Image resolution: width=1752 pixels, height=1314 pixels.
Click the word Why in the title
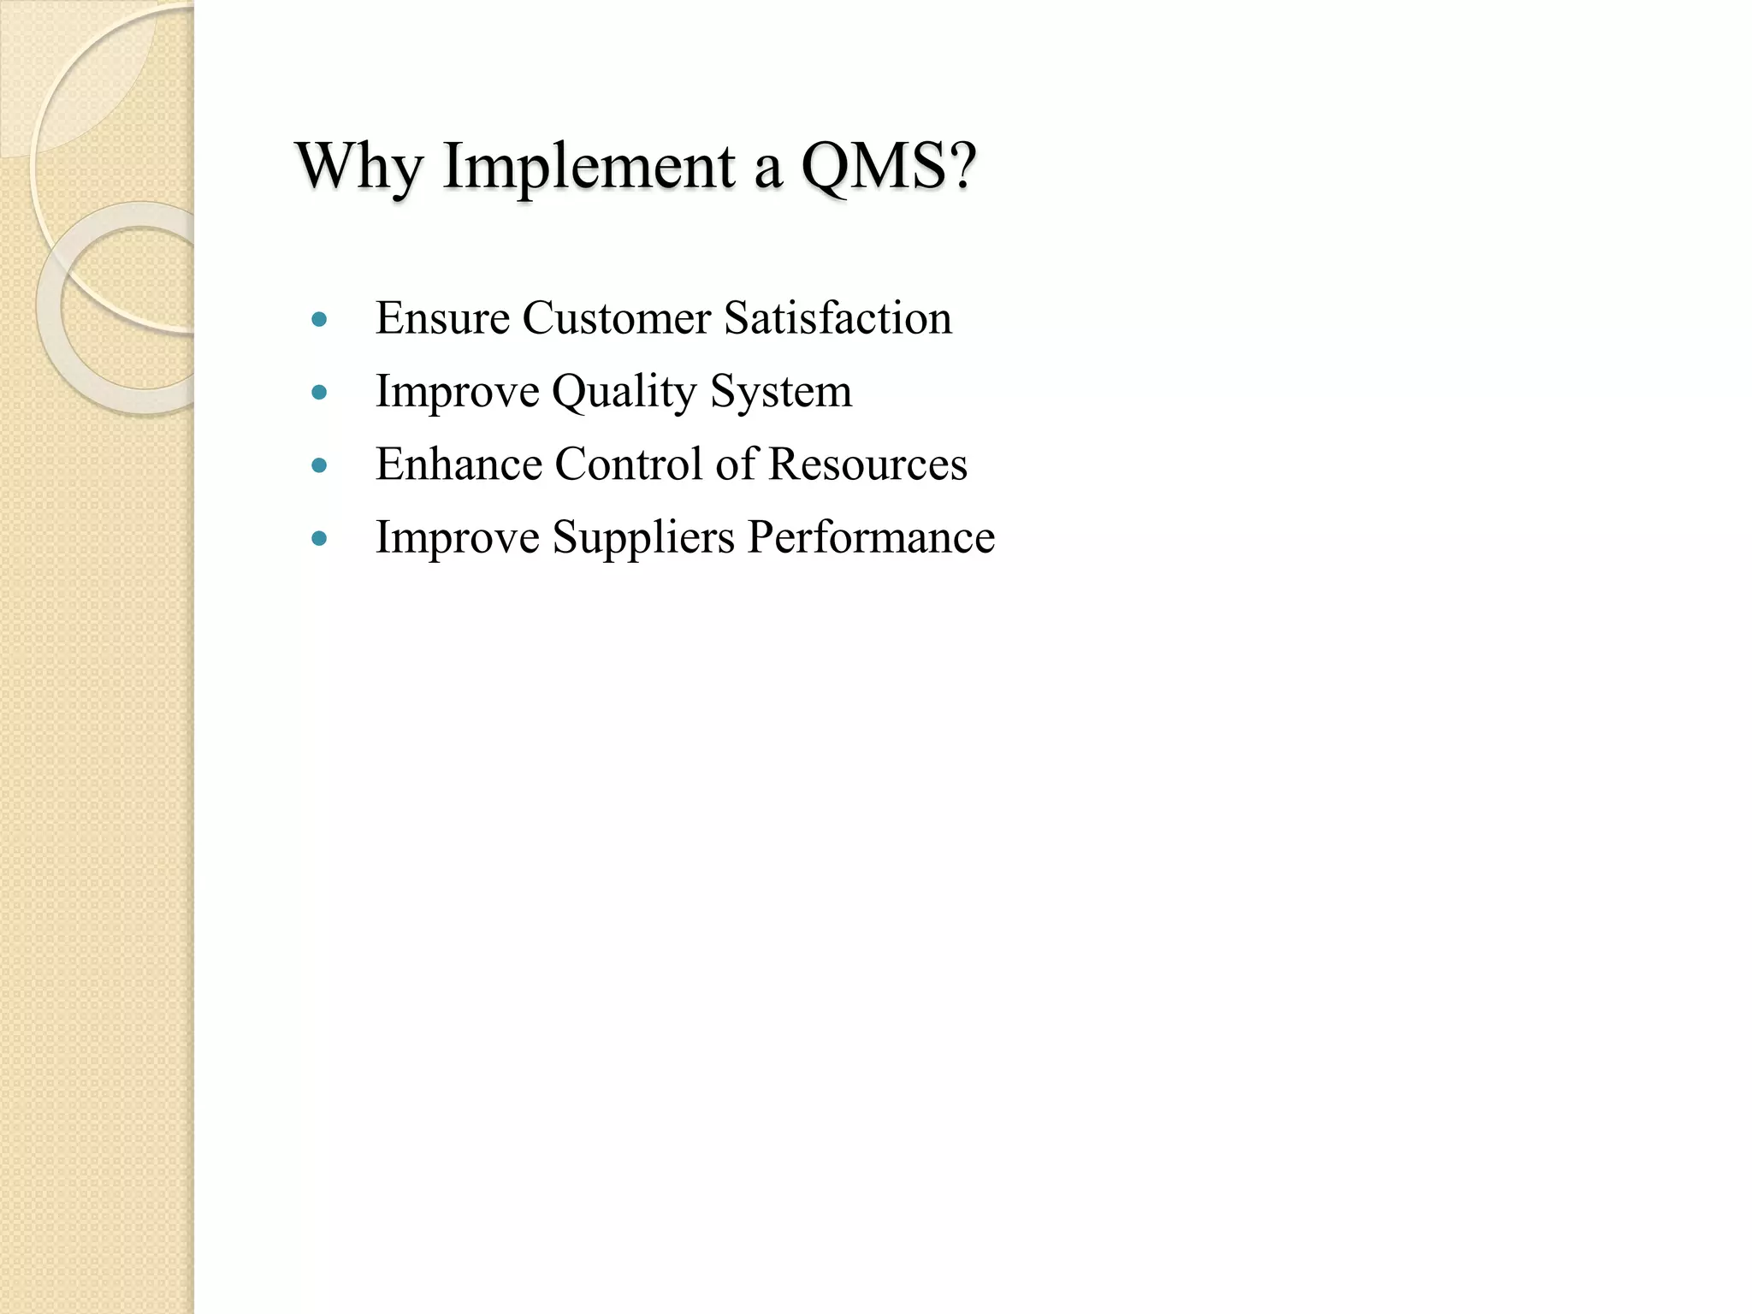pyautogui.click(x=359, y=166)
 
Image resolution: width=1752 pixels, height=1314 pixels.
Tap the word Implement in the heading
pyautogui.click(x=589, y=166)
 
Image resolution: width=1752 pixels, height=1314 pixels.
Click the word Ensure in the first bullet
pyautogui.click(x=442, y=318)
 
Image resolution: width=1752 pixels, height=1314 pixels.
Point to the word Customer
pyautogui.click(x=616, y=318)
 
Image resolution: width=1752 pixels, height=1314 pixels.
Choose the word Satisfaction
pyautogui.click(x=838, y=318)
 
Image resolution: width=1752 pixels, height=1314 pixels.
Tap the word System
pyautogui.click(x=781, y=393)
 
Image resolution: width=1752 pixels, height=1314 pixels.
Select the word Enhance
pyautogui.click(x=459, y=465)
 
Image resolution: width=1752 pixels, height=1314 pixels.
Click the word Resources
pyautogui.click(x=867, y=465)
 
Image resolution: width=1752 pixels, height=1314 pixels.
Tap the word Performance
pyautogui.click(x=871, y=538)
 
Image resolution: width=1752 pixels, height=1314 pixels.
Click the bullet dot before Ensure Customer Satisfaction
pyautogui.click(x=320, y=320)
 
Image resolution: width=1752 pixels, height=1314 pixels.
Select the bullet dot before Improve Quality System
pyautogui.click(x=320, y=393)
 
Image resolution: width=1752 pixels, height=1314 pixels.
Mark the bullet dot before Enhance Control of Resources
pyautogui.click(x=320, y=465)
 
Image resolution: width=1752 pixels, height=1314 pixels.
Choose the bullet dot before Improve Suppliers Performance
pyautogui.click(x=320, y=538)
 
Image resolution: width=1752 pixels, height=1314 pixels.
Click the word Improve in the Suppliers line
pyautogui.click(x=458, y=538)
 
